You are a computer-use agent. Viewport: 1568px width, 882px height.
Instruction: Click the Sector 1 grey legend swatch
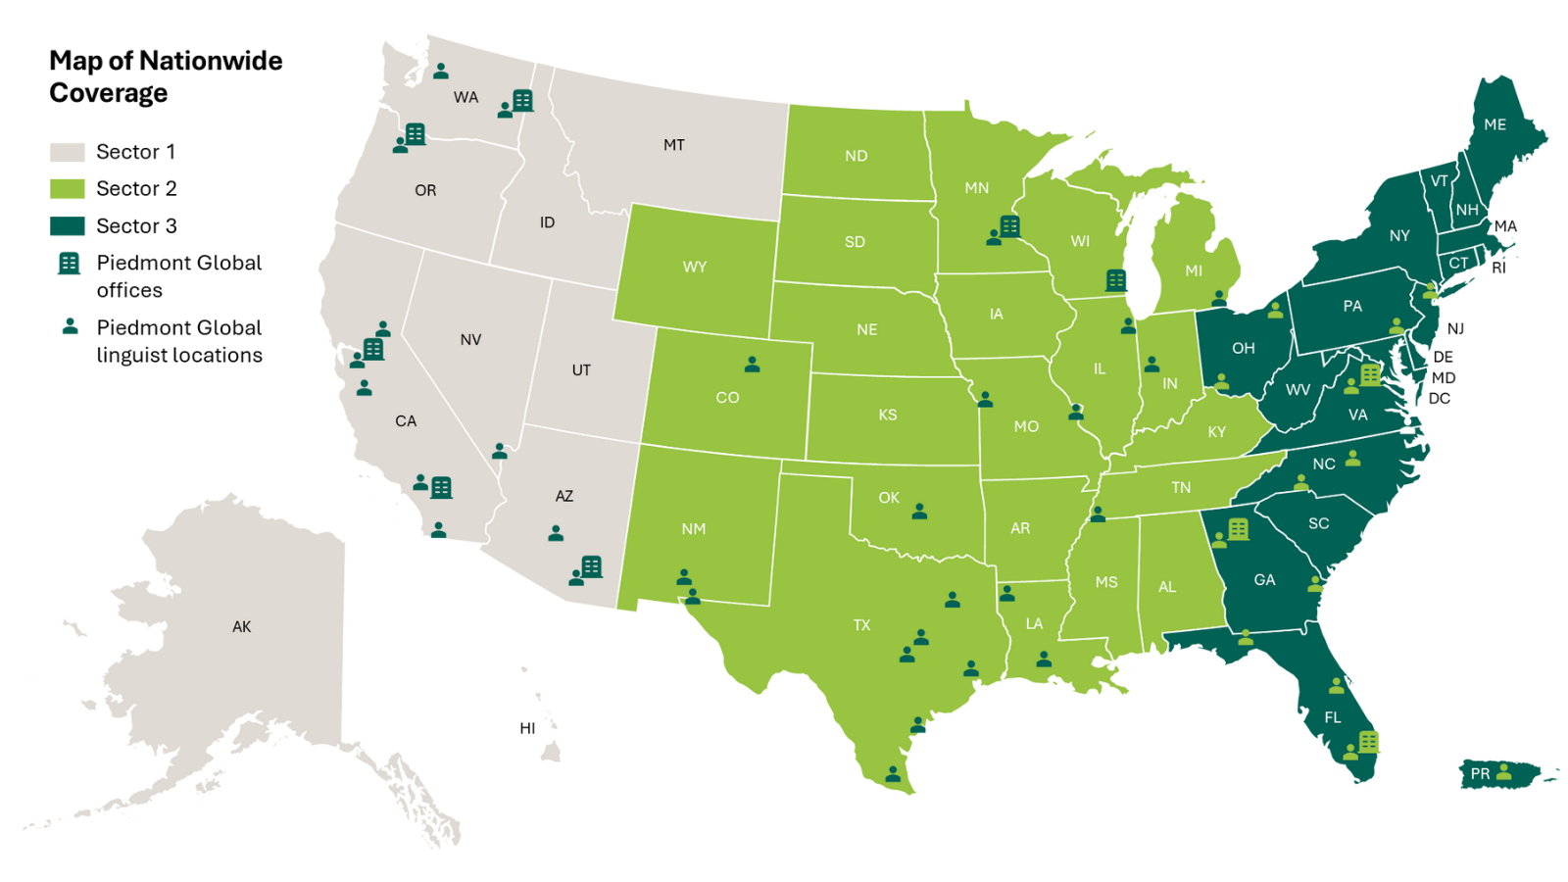[x=67, y=152]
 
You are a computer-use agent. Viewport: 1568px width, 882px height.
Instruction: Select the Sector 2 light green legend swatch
[x=67, y=188]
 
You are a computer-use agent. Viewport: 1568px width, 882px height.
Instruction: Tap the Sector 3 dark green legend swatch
[x=67, y=225]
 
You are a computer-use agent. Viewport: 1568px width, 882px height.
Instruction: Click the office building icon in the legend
[x=69, y=263]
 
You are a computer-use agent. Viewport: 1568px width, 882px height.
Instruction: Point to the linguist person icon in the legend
[x=70, y=326]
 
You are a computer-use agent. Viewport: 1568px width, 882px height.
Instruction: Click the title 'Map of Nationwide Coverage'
[x=165, y=76]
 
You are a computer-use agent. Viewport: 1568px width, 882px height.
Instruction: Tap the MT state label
[x=673, y=145]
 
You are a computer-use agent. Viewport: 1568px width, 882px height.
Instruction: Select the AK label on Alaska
[x=241, y=626]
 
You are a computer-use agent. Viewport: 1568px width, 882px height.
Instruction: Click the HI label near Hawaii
[x=527, y=728]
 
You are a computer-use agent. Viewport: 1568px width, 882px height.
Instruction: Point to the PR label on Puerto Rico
[x=1480, y=774]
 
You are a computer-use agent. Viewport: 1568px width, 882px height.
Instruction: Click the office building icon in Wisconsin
[x=1115, y=280]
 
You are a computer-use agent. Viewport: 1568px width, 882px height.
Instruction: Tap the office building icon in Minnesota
[x=1009, y=226]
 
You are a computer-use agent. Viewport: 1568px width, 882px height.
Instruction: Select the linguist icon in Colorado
[x=752, y=365]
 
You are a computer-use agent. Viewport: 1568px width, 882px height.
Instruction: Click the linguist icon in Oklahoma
[x=919, y=512]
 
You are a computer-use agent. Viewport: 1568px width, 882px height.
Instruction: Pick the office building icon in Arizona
[x=591, y=566]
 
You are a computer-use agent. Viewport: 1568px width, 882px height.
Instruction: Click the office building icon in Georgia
[x=1238, y=529]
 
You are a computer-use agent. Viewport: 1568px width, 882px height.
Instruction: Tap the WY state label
[x=694, y=267]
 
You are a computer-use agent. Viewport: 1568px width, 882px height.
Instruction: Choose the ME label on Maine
[x=1494, y=124]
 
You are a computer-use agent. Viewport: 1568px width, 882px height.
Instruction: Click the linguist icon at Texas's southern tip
[x=893, y=774]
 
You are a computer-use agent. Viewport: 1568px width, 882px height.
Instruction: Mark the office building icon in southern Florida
[x=1369, y=742]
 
